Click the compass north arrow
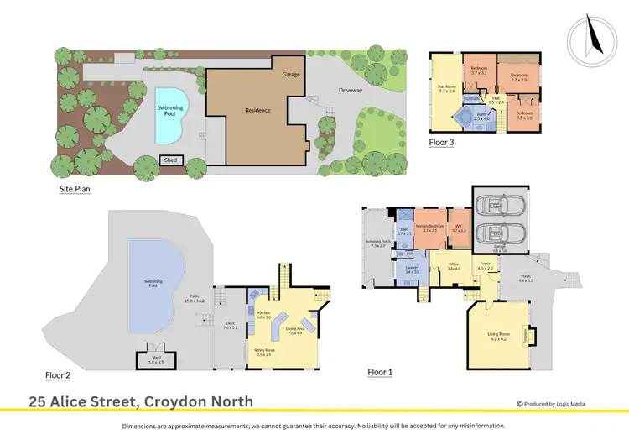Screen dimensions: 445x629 pyautogui.click(x=591, y=38)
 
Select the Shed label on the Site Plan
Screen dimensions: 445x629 pyautogui.click(x=171, y=160)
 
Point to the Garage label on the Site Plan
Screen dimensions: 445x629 pyautogui.click(x=291, y=74)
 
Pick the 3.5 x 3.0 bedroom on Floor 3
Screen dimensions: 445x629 pyautogui.click(x=524, y=115)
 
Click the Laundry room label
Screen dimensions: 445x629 pyautogui.click(x=412, y=270)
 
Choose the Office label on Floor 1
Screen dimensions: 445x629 pyautogui.click(x=454, y=266)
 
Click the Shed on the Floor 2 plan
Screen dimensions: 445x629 pyautogui.click(x=156, y=359)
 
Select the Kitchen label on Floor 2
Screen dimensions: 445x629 pyautogui.click(x=263, y=315)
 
